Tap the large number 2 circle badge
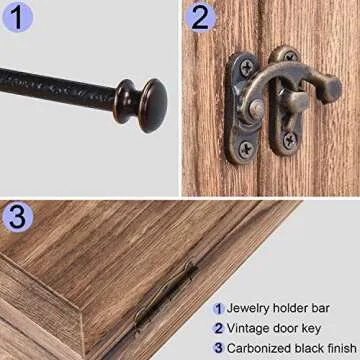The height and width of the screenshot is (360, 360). coord(201,17)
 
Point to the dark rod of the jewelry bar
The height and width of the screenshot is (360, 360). coord(60,89)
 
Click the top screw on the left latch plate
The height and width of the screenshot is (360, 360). coord(244,68)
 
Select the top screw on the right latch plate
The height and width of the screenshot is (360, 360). coord(290,58)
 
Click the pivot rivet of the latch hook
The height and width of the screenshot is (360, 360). coord(257,107)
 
